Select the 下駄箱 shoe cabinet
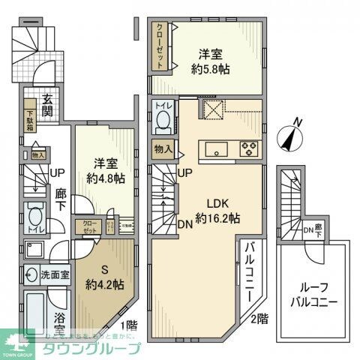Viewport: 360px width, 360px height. (x=29, y=114)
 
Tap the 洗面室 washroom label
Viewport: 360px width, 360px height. (x=55, y=274)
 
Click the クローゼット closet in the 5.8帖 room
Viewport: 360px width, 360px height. (x=160, y=46)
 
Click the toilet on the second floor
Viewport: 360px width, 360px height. (x=163, y=115)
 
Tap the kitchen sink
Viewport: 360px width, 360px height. (x=217, y=149)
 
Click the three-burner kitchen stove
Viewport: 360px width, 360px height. (x=247, y=148)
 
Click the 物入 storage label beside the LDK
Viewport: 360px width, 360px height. (x=163, y=149)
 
